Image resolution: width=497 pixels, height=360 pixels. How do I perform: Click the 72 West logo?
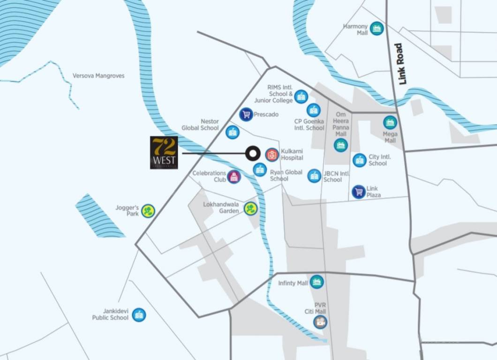tap(164, 152)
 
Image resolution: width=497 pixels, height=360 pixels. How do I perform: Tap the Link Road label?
tap(400, 64)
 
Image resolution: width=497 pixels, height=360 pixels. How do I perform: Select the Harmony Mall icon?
tap(377, 29)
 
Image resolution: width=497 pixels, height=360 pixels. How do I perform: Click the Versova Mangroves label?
tap(98, 75)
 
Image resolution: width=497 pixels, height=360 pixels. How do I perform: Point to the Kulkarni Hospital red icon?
tap(271, 154)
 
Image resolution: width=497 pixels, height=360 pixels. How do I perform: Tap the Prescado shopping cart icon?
tap(246, 114)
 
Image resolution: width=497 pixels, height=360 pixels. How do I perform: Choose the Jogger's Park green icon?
tap(148, 211)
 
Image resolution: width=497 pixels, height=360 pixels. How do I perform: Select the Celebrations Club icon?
tap(234, 177)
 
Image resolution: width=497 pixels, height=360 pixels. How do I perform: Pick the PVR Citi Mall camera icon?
tap(320, 322)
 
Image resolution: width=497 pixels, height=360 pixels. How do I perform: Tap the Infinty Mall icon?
tap(317, 282)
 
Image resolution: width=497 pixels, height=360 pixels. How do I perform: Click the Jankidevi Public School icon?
tap(138, 315)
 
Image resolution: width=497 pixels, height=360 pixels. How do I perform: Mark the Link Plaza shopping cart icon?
tap(359, 191)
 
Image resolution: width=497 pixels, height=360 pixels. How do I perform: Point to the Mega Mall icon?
tap(390, 122)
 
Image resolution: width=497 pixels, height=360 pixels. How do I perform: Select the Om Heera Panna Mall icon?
tap(341, 145)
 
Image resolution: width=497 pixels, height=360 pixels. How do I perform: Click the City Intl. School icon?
tap(360, 160)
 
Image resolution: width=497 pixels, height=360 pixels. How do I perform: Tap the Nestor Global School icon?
tap(232, 132)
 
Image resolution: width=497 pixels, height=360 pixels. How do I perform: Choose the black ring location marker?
tap(253, 153)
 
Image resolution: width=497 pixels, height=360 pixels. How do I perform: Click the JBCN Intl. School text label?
tap(337, 176)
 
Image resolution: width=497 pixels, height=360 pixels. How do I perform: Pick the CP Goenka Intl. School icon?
tap(314, 110)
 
